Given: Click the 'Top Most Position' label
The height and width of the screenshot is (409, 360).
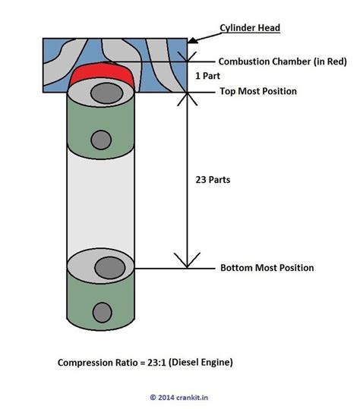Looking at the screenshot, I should click(x=258, y=91).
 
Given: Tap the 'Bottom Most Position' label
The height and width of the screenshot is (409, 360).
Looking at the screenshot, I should click(x=267, y=268).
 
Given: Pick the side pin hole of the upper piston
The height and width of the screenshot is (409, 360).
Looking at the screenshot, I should click(x=99, y=139).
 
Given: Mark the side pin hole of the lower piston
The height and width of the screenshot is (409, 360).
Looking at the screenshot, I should click(x=99, y=311).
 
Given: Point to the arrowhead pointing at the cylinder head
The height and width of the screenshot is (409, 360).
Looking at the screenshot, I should click(x=194, y=37).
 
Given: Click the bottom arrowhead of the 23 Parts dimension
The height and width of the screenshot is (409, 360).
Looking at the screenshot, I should click(x=183, y=263).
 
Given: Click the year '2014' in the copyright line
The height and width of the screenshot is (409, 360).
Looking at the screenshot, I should click(x=166, y=396).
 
